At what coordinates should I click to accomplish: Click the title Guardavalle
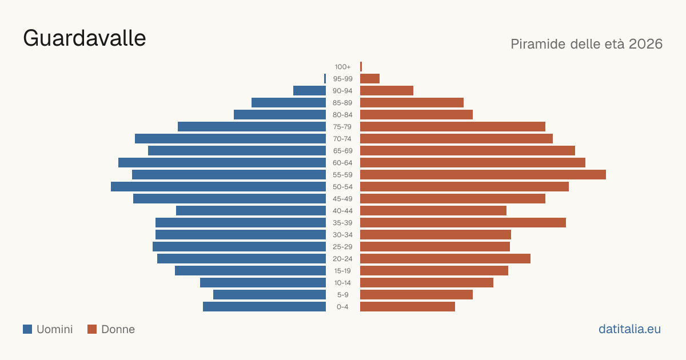coord(85,38)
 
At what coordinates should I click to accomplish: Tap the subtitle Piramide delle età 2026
coord(587,44)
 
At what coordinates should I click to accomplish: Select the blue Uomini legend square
coord(27,329)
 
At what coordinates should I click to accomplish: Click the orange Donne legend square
coord(92,329)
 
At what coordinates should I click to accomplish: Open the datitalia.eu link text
coord(629,329)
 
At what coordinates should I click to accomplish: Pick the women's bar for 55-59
coord(483,174)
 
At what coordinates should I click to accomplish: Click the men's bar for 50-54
coord(218,186)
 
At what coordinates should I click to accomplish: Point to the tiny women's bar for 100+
coord(361,66)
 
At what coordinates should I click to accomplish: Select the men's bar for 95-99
coord(325,78)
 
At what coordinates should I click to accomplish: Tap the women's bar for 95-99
coord(370,78)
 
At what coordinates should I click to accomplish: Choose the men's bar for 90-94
coord(310,91)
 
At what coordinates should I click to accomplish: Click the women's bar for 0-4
coord(408,306)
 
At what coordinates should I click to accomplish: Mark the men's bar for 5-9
coord(269,294)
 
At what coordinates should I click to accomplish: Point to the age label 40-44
coord(342,211)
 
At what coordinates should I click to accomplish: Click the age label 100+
coord(342,66)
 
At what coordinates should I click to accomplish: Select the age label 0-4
coord(342,306)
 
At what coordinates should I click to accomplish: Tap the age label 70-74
coord(342,139)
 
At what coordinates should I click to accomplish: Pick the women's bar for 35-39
coord(463,222)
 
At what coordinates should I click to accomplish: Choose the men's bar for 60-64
coord(222,162)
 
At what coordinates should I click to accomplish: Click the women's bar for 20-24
coord(445,259)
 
